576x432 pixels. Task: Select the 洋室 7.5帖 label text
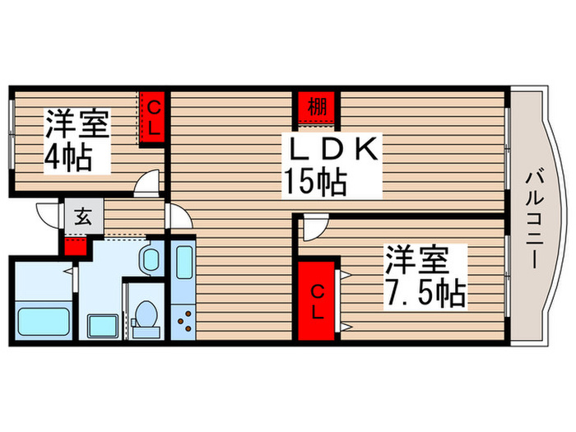click(x=424, y=276)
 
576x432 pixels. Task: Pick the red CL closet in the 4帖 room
click(x=154, y=116)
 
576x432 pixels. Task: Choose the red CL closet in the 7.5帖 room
click(x=317, y=299)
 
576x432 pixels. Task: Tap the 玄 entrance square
click(x=83, y=217)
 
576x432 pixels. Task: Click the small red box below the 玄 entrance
click(x=75, y=244)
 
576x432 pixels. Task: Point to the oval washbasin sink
click(x=150, y=262)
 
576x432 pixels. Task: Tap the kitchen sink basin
click(x=183, y=265)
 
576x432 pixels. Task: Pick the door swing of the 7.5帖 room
click(x=314, y=228)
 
